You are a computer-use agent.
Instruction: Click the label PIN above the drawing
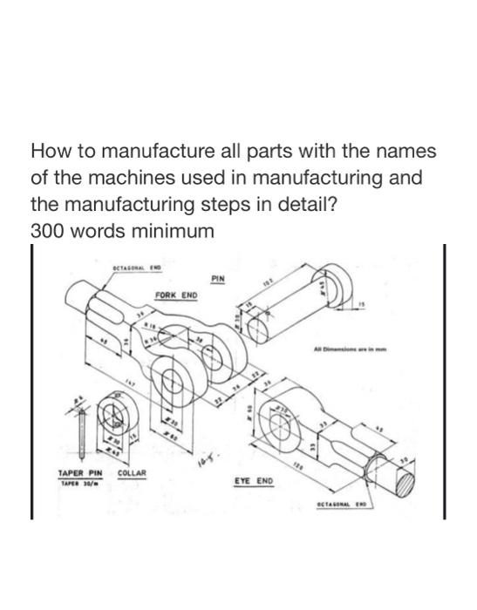[x=218, y=279]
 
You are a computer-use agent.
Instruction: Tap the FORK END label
[x=176, y=295]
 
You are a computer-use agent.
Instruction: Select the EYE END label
[x=254, y=480]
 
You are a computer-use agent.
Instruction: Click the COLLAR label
[x=132, y=474]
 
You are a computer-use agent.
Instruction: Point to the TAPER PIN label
[x=80, y=474]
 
